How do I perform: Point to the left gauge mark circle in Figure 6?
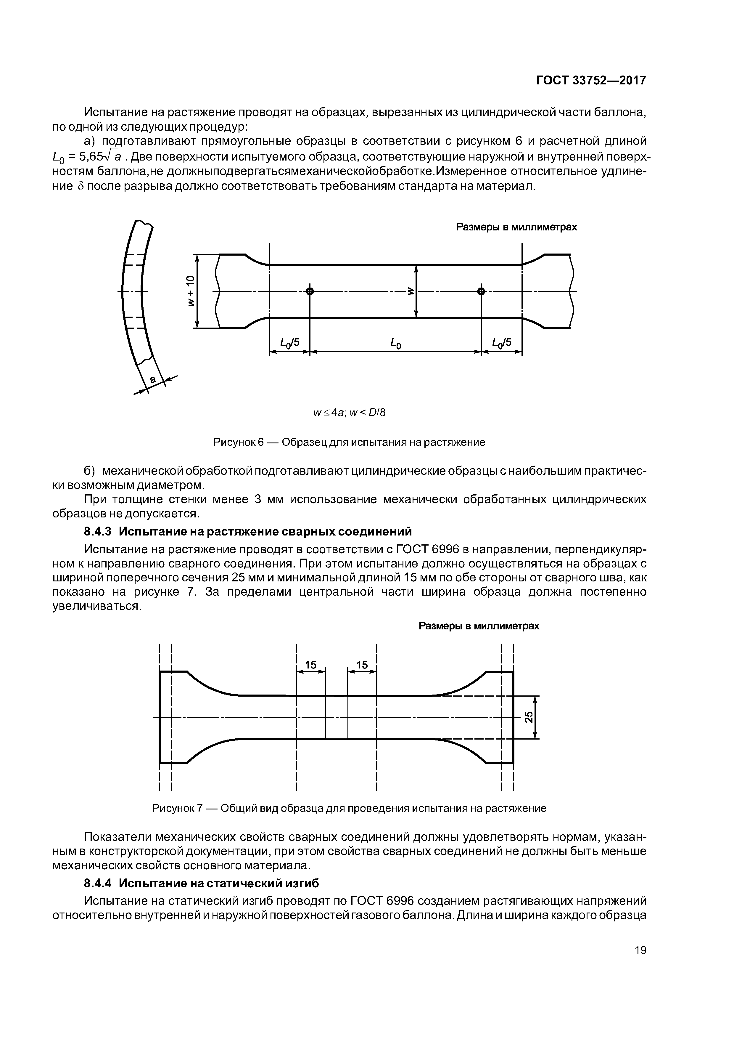point(310,291)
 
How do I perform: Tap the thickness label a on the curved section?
point(153,380)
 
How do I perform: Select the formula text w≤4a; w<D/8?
point(350,413)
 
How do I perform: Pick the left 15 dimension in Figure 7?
point(311,665)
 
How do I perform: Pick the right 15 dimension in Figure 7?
point(362,665)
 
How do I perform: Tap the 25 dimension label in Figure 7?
point(529,717)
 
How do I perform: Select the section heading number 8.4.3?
point(98,531)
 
